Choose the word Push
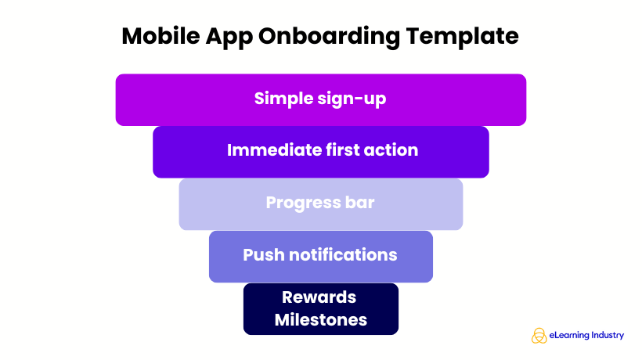(x=263, y=255)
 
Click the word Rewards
(x=319, y=297)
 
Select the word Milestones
(x=320, y=319)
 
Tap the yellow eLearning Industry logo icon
(x=539, y=335)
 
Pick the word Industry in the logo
(x=608, y=335)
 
